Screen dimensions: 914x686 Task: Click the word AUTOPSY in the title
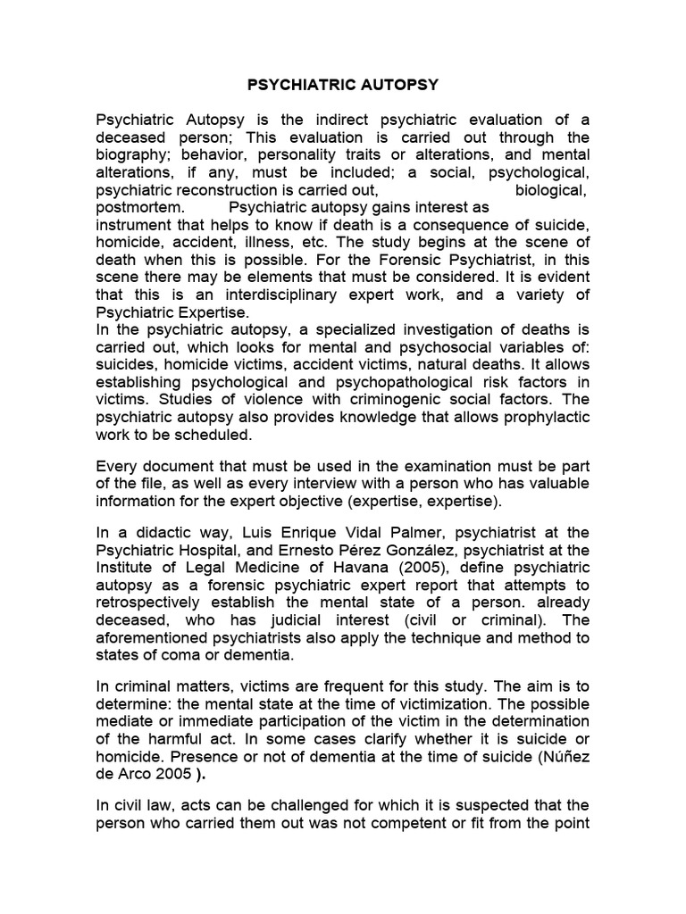click(x=397, y=87)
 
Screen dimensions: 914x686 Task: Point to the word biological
click(x=551, y=189)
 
